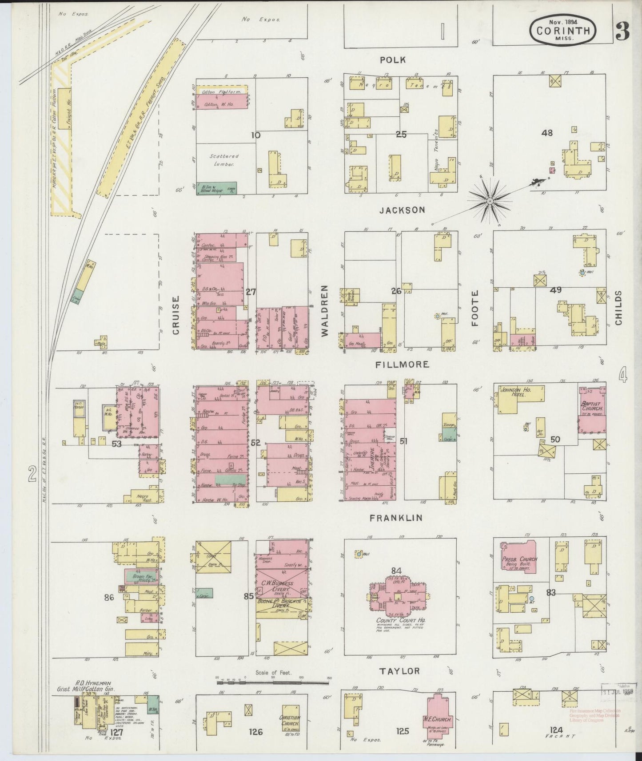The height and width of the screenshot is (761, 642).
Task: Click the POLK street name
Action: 393,60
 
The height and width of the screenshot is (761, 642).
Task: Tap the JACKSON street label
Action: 403,210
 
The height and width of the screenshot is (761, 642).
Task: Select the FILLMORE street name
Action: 402,365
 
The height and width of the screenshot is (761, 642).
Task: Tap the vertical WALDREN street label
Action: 324,310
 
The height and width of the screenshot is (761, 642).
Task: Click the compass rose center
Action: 490,201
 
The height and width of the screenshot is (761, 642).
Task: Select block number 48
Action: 547,132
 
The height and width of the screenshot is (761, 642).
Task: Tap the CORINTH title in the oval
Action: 563,31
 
